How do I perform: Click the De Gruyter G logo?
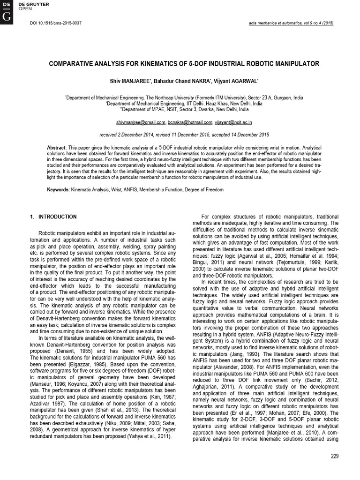click(x=7, y=17)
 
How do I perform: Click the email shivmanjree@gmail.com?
click(x=141, y=122)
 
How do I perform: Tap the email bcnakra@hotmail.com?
click(x=190, y=122)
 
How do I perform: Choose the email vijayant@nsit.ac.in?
click(x=233, y=122)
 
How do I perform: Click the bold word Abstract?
click(x=57, y=148)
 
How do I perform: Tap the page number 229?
click(x=334, y=456)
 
